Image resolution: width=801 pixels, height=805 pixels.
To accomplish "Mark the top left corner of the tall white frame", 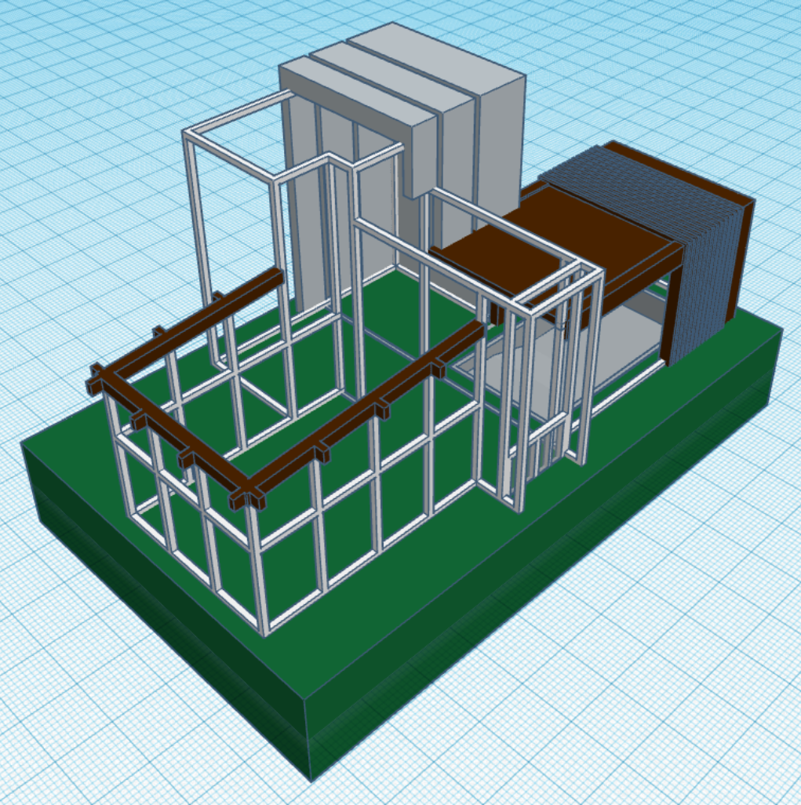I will pyautogui.click(x=188, y=133).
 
